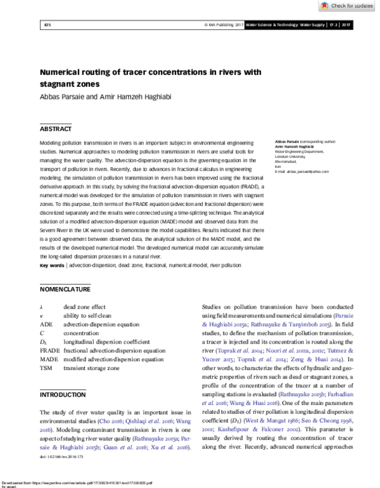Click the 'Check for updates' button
tap(348, 6)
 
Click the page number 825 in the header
tap(47, 25)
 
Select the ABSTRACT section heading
tap(56, 129)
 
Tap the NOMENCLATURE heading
tap(65, 289)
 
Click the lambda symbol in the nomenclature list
tap(41, 306)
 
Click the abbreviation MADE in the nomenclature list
tap(48, 359)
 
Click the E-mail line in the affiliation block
tap(301, 172)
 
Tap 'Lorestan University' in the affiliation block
tap(290, 157)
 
